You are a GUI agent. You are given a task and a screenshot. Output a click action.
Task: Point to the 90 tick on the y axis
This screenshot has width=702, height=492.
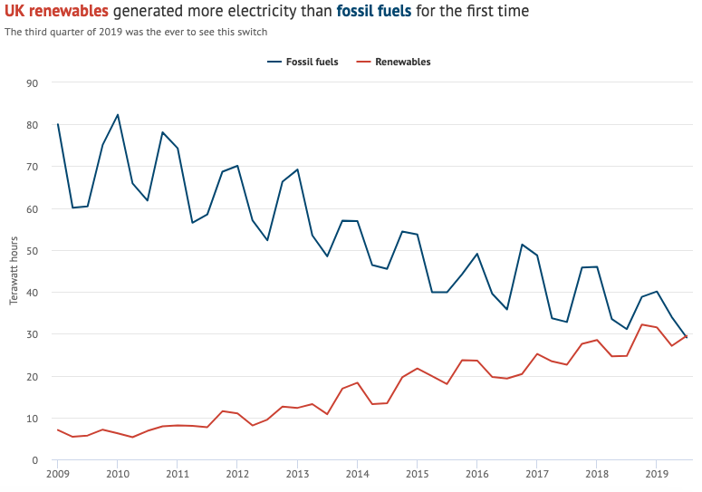click(32, 83)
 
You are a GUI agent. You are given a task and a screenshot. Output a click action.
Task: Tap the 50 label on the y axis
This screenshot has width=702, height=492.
click(32, 251)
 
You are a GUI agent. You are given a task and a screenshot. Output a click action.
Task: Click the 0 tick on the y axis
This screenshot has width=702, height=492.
click(34, 460)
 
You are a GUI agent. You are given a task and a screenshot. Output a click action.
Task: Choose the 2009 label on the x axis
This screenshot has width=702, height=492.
click(57, 473)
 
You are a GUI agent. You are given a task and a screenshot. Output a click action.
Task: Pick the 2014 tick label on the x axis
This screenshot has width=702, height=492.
click(357, 473)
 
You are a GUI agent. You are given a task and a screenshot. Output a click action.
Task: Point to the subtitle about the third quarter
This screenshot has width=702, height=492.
click(136, 32)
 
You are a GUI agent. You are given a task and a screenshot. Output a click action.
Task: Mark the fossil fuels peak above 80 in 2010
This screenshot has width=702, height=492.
click(117, 115)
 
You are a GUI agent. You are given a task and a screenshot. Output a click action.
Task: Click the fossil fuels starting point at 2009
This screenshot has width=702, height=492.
click(57, 124)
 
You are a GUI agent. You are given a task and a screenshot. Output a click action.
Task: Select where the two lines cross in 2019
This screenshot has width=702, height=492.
click(685, 337)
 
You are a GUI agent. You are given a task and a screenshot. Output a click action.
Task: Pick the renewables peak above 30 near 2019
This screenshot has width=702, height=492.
click(641, 324)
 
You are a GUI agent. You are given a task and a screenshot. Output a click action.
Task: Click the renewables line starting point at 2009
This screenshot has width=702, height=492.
click(57, 429)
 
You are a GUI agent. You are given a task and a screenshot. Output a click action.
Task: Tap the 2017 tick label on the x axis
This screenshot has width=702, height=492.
click(536, 473)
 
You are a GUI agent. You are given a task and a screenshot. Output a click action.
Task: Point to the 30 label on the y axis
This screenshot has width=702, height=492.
click(32, 334)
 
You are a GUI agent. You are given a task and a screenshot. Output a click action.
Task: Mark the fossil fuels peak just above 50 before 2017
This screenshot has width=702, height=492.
click(522, 245)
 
